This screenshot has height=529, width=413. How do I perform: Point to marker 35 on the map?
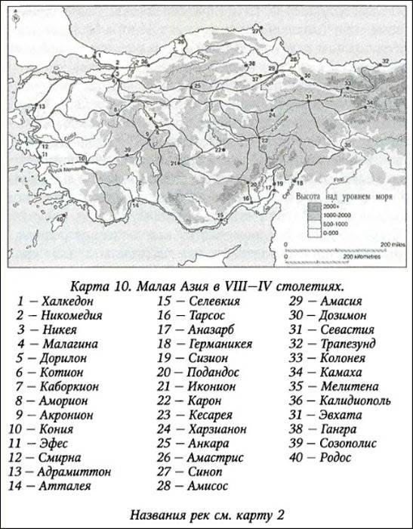pos(347,144)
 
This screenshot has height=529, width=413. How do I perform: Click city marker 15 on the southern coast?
pos(220,216)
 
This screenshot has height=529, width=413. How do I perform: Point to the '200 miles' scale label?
pos(392,246)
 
